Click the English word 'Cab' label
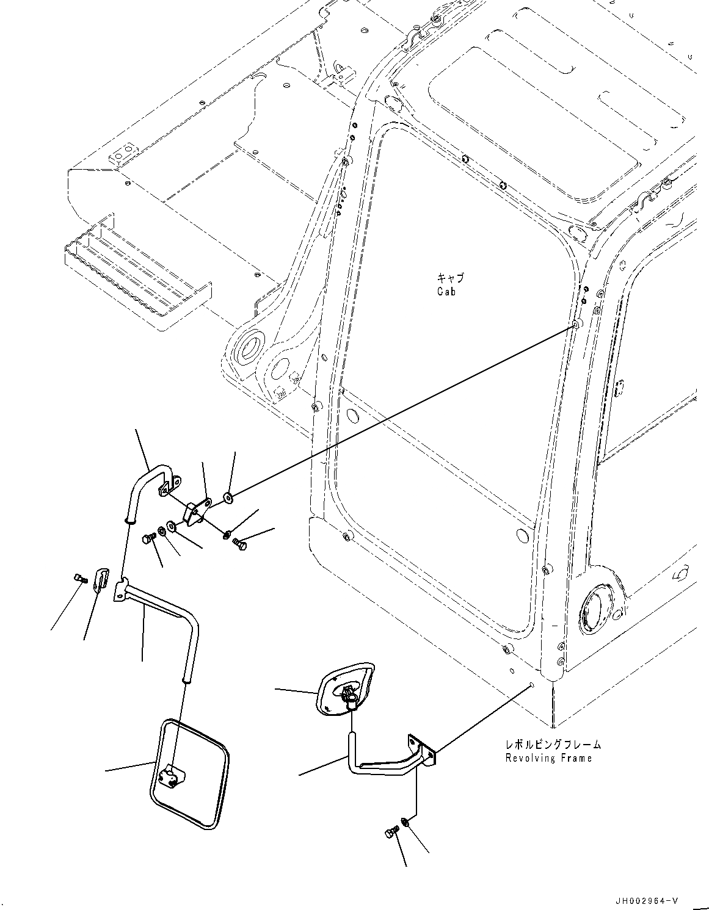(446, 291)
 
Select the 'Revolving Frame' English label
(548, 758)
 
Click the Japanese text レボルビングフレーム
(552, 745)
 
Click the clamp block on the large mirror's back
(170, 776)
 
